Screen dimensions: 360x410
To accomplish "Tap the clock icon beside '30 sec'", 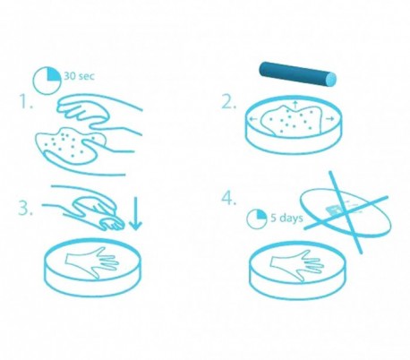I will (x=47, y=79).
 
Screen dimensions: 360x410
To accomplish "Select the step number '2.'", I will (x=229, y=101).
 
